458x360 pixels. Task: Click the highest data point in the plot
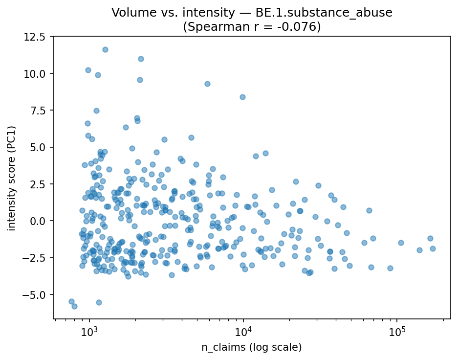[105, 49]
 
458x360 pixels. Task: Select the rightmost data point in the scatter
[433, 248]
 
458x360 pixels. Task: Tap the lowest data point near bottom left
[74, 306]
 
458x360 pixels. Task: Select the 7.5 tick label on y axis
[38, 111]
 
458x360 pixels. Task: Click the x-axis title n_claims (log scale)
[252, 348]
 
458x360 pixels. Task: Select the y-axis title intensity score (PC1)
[11, 178]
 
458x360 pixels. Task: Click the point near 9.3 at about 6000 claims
[207, 84]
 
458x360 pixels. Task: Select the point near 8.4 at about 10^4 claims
[242, 97]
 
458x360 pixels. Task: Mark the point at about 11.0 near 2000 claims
[141, 59]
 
